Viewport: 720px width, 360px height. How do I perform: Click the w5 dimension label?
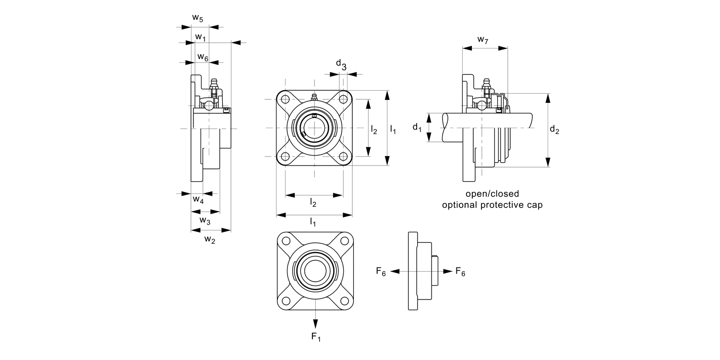(x=197, y=18)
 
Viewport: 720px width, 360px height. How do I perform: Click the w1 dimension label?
(x=200, y=37)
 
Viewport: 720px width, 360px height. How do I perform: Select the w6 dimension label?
(x=203, y=58)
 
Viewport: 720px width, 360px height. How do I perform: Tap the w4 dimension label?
(x=198, y=200)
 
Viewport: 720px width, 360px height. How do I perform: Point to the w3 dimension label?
(x=204, y=220)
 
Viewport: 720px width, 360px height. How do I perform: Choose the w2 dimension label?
(x=209, y=239)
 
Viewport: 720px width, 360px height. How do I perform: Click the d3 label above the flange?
(x=341, y=64)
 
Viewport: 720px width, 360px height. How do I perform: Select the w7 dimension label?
(x=482, y=40)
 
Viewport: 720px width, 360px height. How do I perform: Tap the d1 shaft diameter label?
(x=417, y=128)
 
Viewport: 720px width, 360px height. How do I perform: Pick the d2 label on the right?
(x=554, y=130)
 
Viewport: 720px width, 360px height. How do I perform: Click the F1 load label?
(x=316, y=337)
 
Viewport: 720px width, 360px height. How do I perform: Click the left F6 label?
(x=381, y=272)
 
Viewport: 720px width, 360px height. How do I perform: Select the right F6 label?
(x=460, y=272)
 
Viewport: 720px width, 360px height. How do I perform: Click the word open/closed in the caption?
(x=492, y=194)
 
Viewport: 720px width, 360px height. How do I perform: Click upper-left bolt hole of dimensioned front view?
(x=285, y=99)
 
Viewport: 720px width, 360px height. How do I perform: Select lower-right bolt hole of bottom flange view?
(x=344, y=300)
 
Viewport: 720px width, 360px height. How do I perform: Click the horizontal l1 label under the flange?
(x=313, y=222)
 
